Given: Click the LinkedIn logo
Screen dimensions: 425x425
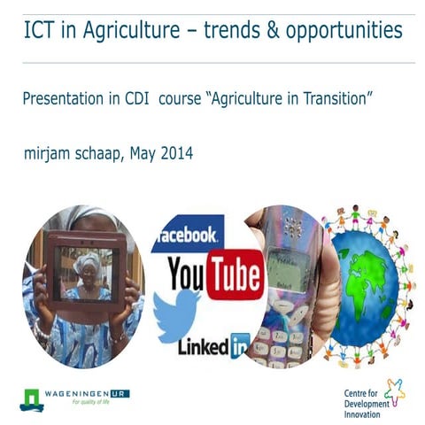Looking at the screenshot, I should (x=212, y=347).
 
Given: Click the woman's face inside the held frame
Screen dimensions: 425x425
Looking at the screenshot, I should (x=87, y=265).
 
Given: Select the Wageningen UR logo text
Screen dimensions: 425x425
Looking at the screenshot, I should (x=89, y=390).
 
